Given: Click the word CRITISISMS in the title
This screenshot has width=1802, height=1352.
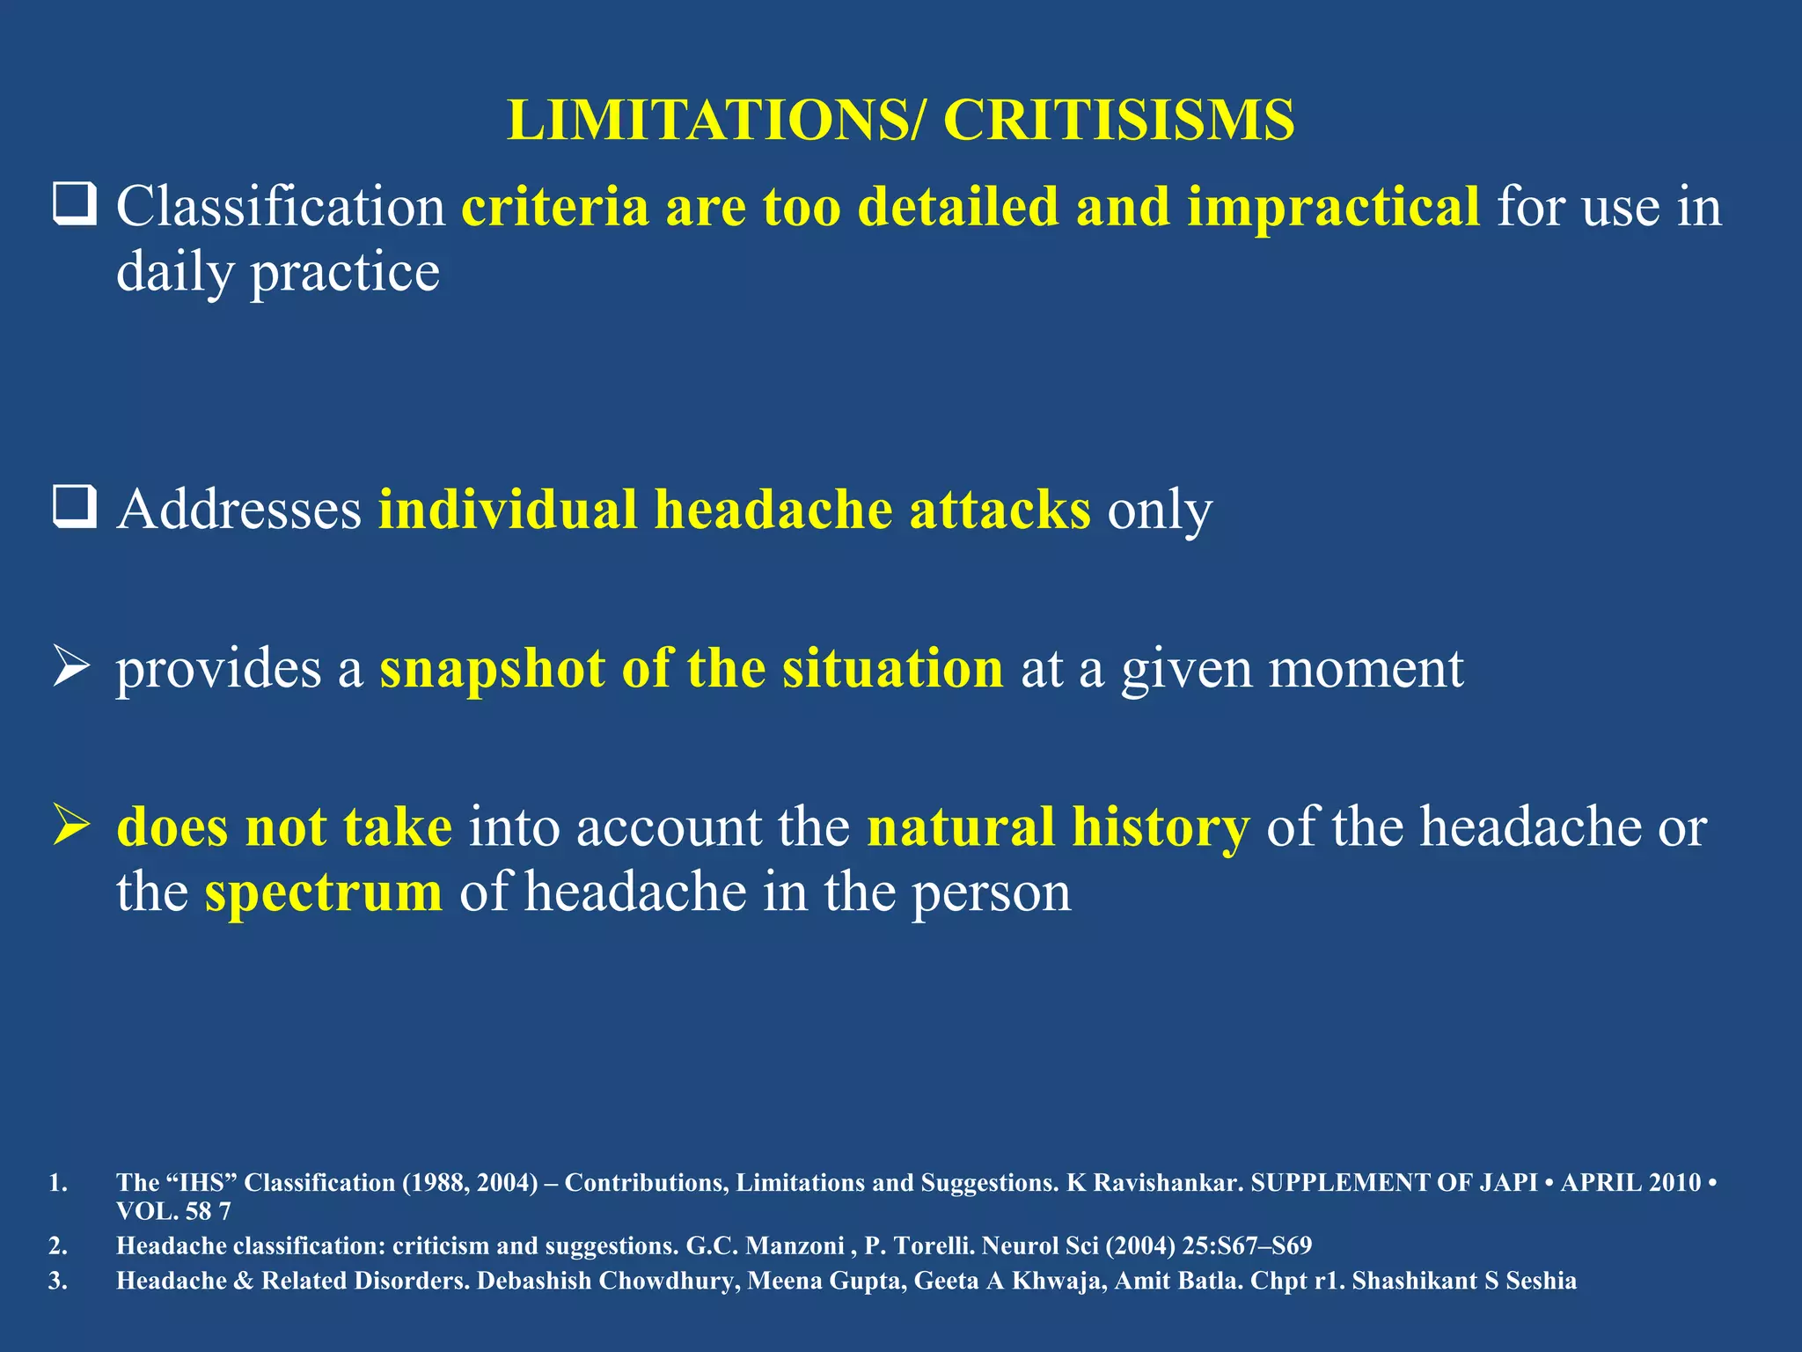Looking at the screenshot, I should (x=1118, y=120).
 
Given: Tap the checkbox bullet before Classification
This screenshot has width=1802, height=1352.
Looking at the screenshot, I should (x=74, y=205).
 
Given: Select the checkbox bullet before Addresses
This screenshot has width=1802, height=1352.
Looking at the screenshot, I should (x=74, y=508).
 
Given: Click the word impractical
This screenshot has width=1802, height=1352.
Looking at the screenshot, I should (x=1333, y=208).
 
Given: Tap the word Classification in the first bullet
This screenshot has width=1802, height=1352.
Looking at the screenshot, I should (x=281, y=208).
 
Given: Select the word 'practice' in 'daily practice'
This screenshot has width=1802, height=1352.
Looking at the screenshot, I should (x=345, y=273).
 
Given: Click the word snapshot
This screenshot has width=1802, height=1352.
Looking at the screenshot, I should (x=492, y=669).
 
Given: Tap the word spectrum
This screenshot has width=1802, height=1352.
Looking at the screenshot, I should (x=323, y=894).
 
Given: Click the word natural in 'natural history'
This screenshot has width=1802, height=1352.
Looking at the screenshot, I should (x=960, y=827).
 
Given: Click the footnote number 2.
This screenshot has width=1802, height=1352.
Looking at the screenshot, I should (x=57, y=1245).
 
